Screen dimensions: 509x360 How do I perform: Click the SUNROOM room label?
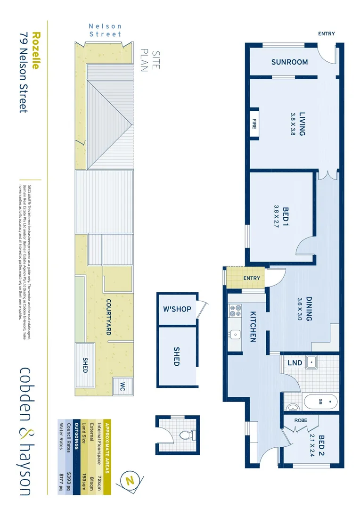(289, 62)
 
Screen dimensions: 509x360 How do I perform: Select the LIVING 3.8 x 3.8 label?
(298, 124)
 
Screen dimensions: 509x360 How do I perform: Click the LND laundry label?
(295, 362)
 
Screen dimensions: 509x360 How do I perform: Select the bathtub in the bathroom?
(320, 402)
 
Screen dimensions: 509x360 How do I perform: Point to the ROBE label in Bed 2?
(301, 420)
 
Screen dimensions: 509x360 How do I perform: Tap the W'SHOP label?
(177, 309)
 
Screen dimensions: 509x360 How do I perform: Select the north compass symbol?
(130, 481)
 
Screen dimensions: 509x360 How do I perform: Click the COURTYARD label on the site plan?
(108, 317)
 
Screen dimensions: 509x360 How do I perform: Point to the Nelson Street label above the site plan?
(105, 30)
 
